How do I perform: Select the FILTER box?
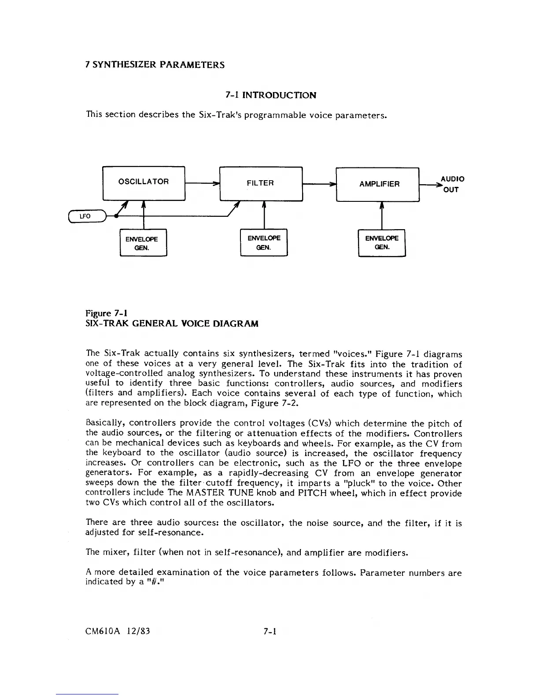pyautogui.click(x=260, y=184)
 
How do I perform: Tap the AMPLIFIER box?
pyautogui.click(x=378, y=184)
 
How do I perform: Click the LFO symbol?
pyautogui.click(x=86, y=216)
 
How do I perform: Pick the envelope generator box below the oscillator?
pyautogui.click(x=143, y=243)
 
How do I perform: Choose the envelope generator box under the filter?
pyautogui.click(x=263, y=242)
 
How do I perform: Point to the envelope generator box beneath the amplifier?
pyautogui.click(x=381, y=242)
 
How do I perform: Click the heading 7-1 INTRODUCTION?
pyautogui.click(x=270, y=95)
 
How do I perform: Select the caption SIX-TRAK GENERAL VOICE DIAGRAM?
pyautogui.click(x=172, y=324)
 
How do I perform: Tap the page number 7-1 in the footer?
pyautogui.click(x=269, y=631)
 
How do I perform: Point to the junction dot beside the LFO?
pyautogui.click(x=115, y=216)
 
